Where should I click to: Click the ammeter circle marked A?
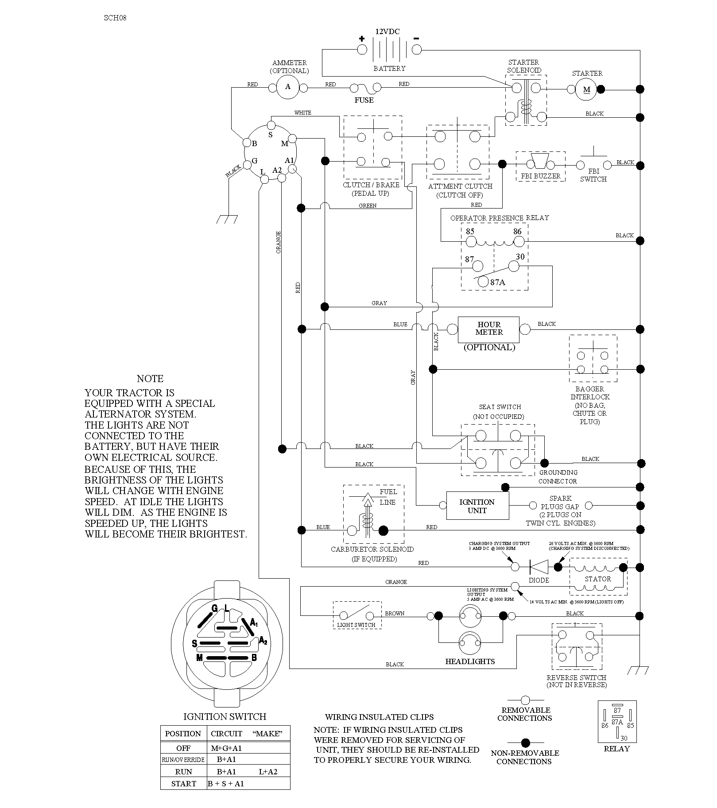288,87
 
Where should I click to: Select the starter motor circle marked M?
586,89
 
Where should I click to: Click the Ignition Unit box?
477,506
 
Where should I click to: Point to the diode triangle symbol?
539,567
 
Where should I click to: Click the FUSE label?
364,101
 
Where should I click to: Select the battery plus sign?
361,39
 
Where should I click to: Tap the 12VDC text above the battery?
387,31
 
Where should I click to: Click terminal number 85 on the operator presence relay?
470,232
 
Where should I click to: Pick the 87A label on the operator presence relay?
497,282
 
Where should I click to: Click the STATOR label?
598,579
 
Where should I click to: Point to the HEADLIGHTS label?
470,661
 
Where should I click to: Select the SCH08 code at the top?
115,18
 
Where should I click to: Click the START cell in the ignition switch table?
183,784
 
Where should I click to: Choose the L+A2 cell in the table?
268,772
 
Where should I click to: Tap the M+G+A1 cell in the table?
226,748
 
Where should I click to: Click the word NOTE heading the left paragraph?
150,379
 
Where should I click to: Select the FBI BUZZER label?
541,176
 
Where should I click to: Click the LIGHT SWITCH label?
356,625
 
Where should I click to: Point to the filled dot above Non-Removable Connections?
525,743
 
